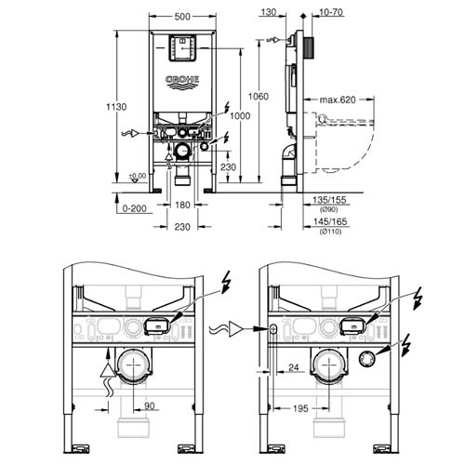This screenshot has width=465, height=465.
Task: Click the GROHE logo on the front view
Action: [182, 81]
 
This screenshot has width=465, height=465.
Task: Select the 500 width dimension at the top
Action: [183, 16]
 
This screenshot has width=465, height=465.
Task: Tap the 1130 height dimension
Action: [109, 106]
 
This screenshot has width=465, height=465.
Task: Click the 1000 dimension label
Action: [241, 113]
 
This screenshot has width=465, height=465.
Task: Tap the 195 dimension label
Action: [299, 406]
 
